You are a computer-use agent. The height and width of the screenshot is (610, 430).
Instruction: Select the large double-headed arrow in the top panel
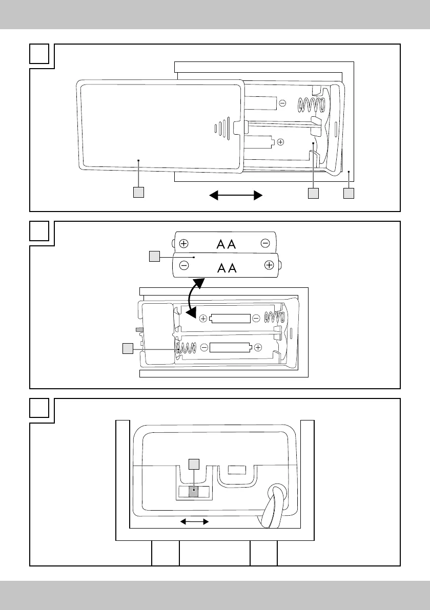[236, 195]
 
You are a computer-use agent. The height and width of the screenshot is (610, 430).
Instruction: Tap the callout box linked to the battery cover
[138, 193]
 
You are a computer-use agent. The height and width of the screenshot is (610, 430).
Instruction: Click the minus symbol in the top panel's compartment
[282, 103]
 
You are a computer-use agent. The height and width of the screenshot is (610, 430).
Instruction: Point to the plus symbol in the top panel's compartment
[280, 142]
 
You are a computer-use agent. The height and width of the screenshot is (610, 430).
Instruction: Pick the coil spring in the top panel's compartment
[311, 104]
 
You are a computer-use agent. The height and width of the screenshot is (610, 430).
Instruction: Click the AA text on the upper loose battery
[226, 244]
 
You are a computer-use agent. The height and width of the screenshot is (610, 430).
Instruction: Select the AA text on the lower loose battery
[227, 268]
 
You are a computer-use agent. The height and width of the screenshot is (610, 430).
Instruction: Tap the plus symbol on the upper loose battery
[183, 244]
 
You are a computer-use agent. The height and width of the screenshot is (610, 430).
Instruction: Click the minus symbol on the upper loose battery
[265, 243]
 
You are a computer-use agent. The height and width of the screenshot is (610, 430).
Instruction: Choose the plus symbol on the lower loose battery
[269, 265]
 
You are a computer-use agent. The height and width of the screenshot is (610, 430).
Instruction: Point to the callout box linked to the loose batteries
[154, 257]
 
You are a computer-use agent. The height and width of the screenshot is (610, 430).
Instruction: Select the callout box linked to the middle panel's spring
[128, 349]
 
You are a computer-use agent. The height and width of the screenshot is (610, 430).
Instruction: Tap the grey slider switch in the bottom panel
[193, 492]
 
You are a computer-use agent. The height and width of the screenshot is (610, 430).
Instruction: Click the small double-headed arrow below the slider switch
[195, 522]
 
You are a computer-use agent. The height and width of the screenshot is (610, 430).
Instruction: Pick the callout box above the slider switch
[194, 464]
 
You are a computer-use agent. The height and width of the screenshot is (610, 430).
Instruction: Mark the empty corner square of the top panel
[39, 54]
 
